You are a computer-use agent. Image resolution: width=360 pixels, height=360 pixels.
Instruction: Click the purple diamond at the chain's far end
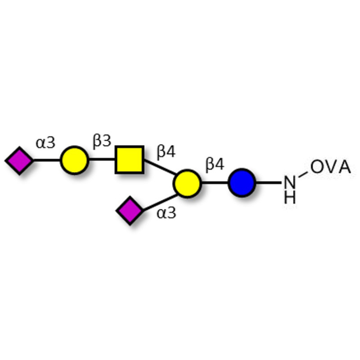[x=19, y=160]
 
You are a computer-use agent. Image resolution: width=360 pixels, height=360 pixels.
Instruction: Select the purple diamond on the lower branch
[x=130, y=210]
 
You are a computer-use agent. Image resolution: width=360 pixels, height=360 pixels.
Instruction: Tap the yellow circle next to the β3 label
[x=74, y=160]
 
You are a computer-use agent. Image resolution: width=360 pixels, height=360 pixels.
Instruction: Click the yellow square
[x=130, y=160]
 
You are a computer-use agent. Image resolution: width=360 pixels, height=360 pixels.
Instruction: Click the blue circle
[x=242, y=183]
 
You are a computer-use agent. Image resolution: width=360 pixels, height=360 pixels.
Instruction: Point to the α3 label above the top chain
[x=45, y=143]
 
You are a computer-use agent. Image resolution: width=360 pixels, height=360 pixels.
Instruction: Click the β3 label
[x=102, y=142]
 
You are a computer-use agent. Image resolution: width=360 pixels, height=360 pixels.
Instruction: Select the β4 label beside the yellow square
[x=166, y=152]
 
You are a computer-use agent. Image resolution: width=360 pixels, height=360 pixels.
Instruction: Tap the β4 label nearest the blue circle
[x=215, y=165]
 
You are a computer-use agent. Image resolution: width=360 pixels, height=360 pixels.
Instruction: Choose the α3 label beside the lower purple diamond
[x=166, y=213]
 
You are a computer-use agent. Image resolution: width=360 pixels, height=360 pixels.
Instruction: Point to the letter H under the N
[x=290, y=198]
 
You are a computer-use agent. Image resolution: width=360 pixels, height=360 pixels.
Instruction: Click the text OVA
[x=330, y=167]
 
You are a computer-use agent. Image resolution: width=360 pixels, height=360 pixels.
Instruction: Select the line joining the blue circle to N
[x=269, y=183]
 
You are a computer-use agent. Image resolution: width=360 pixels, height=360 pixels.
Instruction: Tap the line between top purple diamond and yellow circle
[x=47, y=160]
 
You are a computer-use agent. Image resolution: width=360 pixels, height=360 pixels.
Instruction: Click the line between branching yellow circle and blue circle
[x=215, y=183]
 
